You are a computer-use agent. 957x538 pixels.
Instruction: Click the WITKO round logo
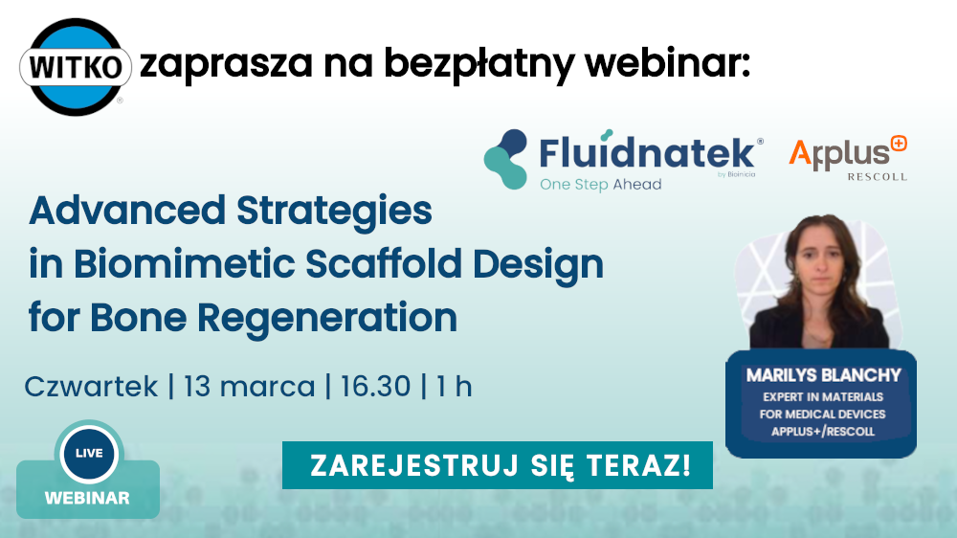click(76, 67)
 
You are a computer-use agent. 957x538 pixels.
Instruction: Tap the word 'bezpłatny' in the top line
click(479, 64)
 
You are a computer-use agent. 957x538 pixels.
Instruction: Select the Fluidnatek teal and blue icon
click(505, 159)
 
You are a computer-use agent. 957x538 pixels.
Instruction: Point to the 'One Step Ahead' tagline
click(601, 185)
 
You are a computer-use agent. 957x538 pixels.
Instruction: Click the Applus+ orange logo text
click(848, 152)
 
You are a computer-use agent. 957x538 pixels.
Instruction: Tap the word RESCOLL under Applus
click(877, 177)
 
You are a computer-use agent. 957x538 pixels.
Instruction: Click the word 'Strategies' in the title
click(334, 212)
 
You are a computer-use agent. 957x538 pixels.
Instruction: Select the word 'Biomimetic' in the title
click(184, 264)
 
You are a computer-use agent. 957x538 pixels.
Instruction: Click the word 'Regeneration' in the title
click(327, 319)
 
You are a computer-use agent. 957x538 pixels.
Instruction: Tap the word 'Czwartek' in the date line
click(91, 387)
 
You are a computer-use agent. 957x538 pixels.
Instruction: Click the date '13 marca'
click(249, 387)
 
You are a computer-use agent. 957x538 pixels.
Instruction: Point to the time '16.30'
click(375, 387)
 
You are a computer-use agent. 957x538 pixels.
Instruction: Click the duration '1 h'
click(454, 387)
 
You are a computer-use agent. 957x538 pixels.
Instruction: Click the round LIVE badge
click(89, 454)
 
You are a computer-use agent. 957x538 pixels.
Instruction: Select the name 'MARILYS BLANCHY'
click(823, 375)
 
